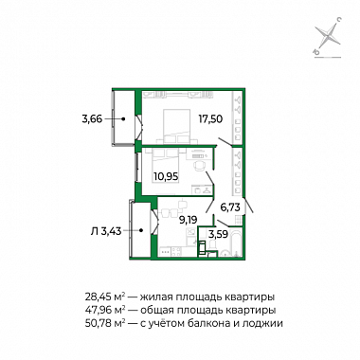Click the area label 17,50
(x=210, y=119)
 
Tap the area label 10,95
(x=166, y=176)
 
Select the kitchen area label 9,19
(x=189, y=220)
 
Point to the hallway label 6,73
(x=230, y=207)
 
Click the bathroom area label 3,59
(x=218, y=235)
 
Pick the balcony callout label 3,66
(x=92, y=119)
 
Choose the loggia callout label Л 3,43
(x=106, y=232)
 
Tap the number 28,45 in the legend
(x=96, y=297)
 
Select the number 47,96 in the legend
(x=97, y=311)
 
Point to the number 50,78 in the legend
(x=97, y=324)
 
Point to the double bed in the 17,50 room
(x=176, y=126)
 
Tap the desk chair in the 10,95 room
(x=199, y=166)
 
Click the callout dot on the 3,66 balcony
(x=124, y=119)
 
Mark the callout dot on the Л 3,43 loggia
(x=141, y=230)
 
